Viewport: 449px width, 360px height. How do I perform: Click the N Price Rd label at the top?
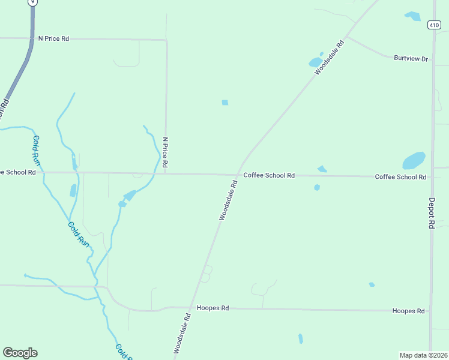pyautogui.click(x=53, y=38)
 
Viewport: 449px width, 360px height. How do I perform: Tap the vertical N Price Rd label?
pyautogui.click(x=165, y=152)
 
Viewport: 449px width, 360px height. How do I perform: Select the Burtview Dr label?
pyautogui.click(x=411, y=58)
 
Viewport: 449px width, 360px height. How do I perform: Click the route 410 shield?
pyautogui.click(x=434, y=25)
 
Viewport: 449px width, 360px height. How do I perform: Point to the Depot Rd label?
pyautogui.click(x=431, y=213)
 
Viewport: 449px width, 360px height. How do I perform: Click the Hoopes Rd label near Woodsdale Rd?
pyautogui.click(x=212, y=308)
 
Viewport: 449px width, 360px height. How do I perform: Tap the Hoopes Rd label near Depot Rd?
pyautogui.click(x=408, y=311)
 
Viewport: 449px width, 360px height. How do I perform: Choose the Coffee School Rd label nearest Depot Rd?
pyautogui.click(x=400, y=177)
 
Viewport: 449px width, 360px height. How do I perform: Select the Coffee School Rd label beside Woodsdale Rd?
pyautogui.click(x=268, y=175)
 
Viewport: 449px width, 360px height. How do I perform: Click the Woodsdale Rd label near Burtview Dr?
pyautogui.click(x=330, y=57)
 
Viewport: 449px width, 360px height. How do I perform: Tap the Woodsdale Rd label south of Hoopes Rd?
pyautogui.click(x=182, y=333)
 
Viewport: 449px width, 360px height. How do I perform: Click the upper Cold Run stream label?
pyautogui.click(x=36, y=151)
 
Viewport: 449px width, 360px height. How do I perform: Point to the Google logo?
pyautogui.click(x=20, y=353)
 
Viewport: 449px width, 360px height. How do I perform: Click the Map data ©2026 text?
pyautogui.click(x=423, y=355)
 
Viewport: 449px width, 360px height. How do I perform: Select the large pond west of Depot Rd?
pyautogui.click(x=414, y=160)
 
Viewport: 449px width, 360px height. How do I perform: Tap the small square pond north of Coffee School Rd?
pyautogui.click(x=225, y=103)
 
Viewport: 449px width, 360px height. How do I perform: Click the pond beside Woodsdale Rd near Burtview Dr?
pyautogui.click(x=315, y=62)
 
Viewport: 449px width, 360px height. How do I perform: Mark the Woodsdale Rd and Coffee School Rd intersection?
pyautogui.click(x=238, y=175)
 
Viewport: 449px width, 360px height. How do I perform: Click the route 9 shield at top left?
pyautogui.click(x=33, y=2)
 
